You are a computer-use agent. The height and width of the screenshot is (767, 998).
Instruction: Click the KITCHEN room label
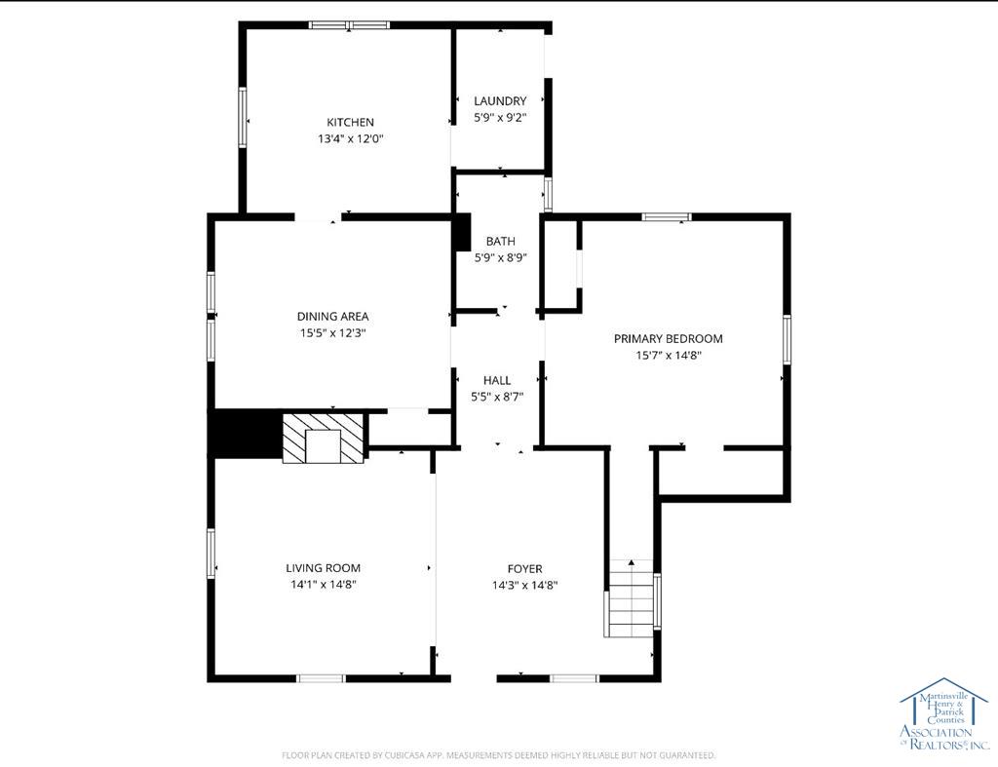tap(350, 122)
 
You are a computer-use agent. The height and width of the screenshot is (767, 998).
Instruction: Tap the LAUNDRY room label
tap(500, 100)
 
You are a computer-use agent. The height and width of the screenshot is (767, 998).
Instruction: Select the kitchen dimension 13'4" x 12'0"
tap(350, 138)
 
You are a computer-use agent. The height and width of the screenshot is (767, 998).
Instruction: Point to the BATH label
tap(501, 241)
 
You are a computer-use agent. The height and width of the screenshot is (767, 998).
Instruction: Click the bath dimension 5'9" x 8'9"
tap(501, 258)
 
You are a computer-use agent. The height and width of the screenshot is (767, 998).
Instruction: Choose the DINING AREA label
tap(332, 316)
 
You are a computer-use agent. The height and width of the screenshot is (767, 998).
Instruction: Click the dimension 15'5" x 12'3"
tap(332, 332)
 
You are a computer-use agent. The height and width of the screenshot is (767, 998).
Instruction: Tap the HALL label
tap(497, 380)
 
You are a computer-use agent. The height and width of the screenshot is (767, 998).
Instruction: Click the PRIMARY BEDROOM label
tap(668, 338)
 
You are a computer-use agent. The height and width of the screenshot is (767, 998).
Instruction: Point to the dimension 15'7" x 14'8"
tap(668, 356)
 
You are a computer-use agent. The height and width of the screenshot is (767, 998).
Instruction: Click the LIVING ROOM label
tap(323, 568)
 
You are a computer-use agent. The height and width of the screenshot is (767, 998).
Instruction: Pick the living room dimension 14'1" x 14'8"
tap(323, 585)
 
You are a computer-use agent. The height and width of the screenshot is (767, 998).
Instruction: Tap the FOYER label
tap(524, 568)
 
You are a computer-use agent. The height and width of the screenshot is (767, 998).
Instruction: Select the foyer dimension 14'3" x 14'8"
tap(524, 585)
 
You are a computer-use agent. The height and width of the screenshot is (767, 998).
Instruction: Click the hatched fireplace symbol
tap(324, 438)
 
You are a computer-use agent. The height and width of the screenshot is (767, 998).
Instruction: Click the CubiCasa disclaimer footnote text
tap(499, 755)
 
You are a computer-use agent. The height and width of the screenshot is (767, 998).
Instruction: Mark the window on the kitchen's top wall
tap(349, 25)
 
